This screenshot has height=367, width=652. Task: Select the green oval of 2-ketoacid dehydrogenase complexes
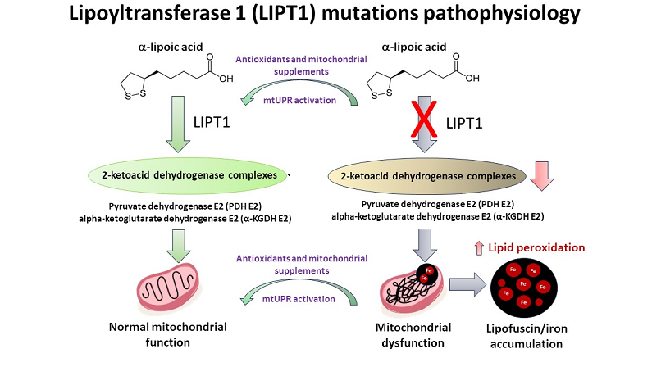(187, 174)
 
